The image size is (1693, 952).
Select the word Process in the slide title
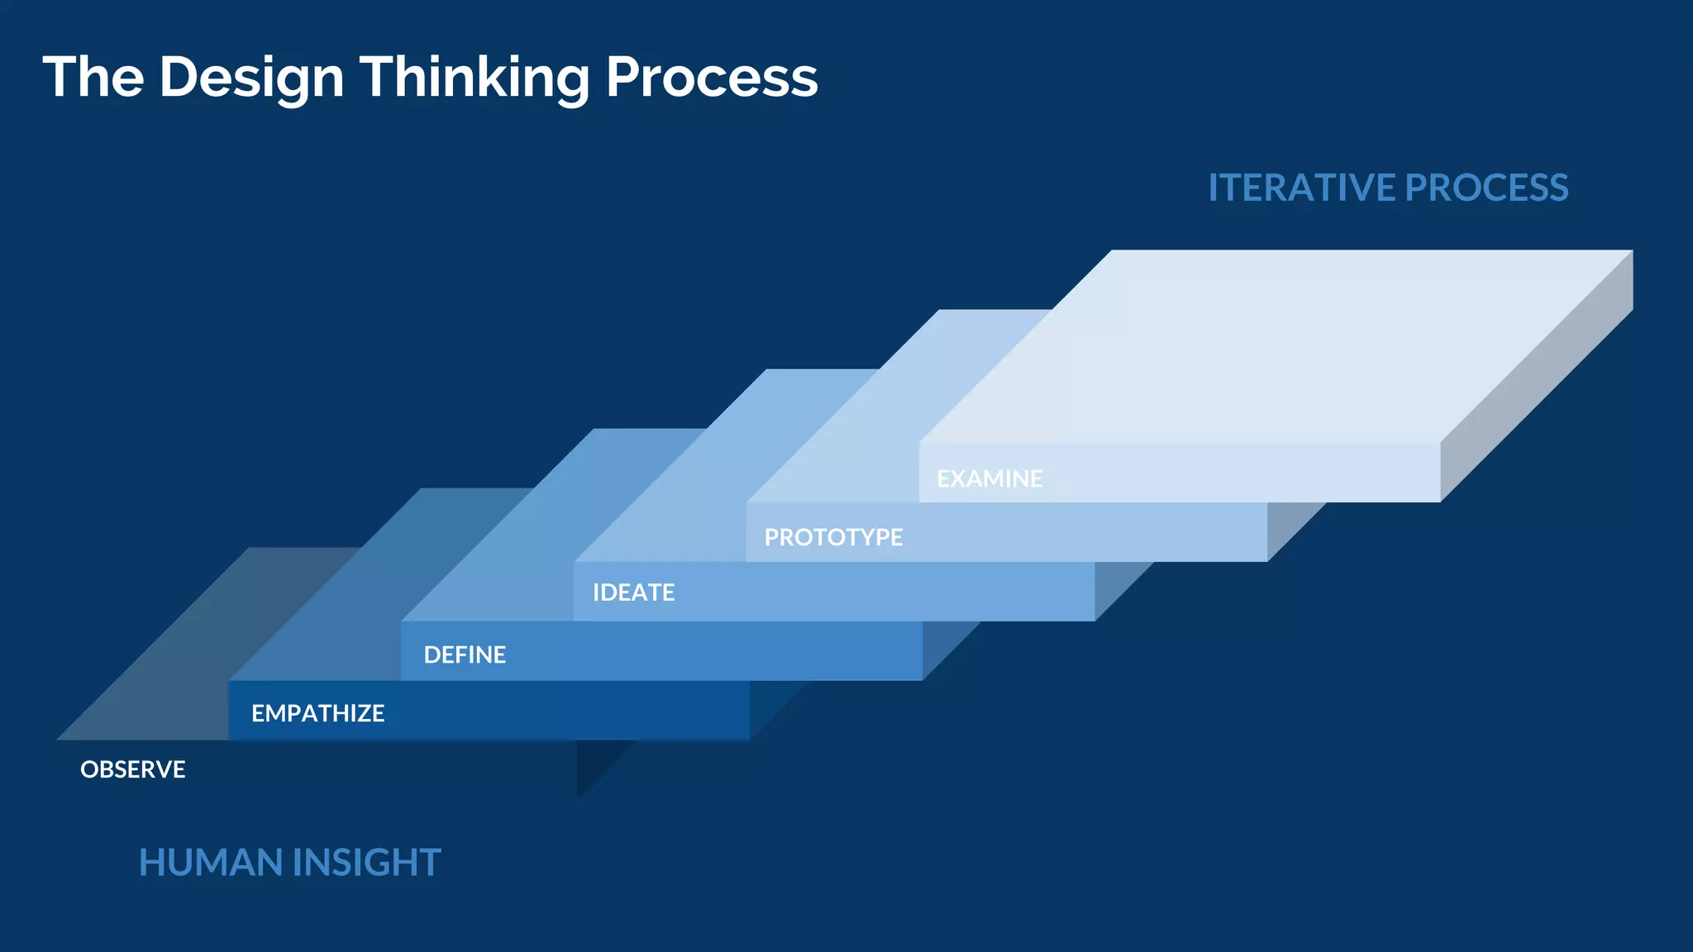[711, 78]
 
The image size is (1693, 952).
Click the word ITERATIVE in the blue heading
[1301, 188]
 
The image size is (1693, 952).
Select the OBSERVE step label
[132, 769]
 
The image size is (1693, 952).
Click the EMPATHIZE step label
[317, 713]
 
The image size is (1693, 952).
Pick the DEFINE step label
[465, 654]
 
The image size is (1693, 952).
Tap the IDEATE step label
[633, 593]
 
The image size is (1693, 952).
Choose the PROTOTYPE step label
[833, 537]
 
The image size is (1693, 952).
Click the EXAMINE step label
[989, 478]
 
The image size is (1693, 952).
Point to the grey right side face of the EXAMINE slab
[1536, 376]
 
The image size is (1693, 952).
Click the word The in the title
[93, 78]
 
